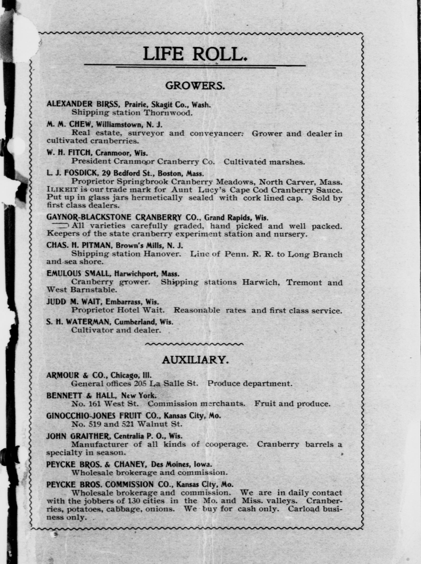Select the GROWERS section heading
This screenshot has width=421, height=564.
[x=195, y=86]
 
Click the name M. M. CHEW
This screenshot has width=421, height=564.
[x=67, y=125]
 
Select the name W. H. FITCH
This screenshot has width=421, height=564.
[x=69, y=153]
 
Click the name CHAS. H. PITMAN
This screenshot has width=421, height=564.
[x=79, y=245]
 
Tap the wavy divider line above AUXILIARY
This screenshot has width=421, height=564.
[x=194, y=344]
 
